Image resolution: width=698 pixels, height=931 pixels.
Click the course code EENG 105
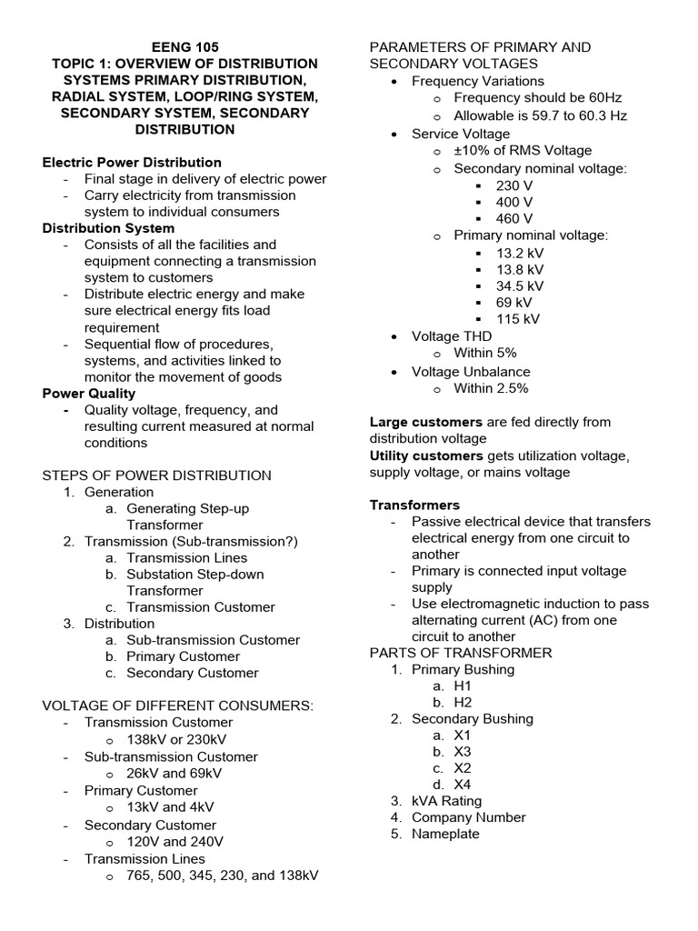tap(185, 47)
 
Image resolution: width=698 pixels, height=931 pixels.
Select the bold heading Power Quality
tap(89, 394)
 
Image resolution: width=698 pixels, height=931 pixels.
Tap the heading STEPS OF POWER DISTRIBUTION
tap(157, 476)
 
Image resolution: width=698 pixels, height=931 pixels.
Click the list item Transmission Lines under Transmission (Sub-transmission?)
tap(186, 558)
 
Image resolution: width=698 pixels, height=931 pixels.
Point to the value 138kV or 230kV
tap(176, 740)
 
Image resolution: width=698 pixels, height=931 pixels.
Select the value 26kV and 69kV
tap(174, 773)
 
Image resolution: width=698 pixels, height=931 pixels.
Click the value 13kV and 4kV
tap(169, 806)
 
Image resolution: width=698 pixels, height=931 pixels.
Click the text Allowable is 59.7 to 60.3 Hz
tap(540, 116)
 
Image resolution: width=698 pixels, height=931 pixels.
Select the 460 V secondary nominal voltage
tap(514, 219)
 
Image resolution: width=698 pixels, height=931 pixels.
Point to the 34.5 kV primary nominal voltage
tap(520, 286)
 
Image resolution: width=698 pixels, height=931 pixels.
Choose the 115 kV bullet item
tap(517, 319)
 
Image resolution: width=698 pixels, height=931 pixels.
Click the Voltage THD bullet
tap(452, 336)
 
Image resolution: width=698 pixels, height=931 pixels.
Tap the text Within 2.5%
tap(491, 388)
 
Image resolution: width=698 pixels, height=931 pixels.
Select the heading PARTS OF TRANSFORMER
tap(460, 653)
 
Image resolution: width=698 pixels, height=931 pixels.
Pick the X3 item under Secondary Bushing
tap(463, 752)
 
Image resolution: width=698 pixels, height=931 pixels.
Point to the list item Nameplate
tap(445, 834)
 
